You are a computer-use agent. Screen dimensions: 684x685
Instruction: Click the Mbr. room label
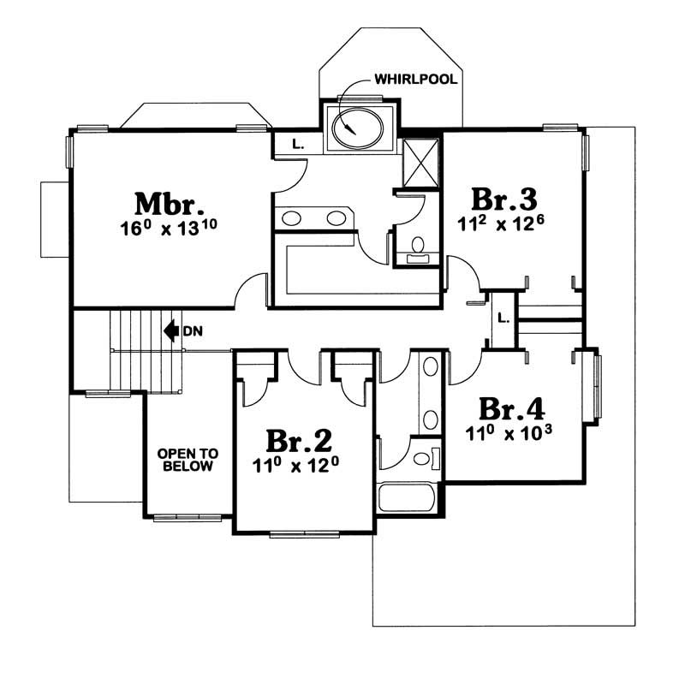pyautogui.click(x=170, y=205)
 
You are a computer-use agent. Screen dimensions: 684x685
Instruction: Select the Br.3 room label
pyautogui.click(x=504, y=199)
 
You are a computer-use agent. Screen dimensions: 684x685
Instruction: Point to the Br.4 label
pyautogui.click(x=512, y=407)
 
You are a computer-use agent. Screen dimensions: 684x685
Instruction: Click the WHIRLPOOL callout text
pyautogui.click(x=415, y=80)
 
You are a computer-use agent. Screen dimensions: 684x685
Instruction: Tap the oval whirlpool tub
pyautogui.click(x=357, y=128)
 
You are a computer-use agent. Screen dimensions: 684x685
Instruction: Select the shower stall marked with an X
pyautogui.click(x=420, y=162)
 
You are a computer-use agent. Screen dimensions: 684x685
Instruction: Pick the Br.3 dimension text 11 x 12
pyautogui.click(x=504, y=224)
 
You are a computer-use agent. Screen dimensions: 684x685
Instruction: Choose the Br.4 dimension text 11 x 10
pyautogui.click(x=511, y=431)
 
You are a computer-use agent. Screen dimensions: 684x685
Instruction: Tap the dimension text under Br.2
pyautogui.click(x=298, y=467)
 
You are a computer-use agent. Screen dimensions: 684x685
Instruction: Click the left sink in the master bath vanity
pyautogui.click(x=291, y=218)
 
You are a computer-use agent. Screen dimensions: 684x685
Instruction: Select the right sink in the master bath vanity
pyautogui.click(x=337, y=218)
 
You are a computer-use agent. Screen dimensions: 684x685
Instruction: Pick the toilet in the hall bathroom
pyautogui.click(x=423, y=459)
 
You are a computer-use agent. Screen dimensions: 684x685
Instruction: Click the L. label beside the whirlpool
pyautogui.click(x=297, y=144)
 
